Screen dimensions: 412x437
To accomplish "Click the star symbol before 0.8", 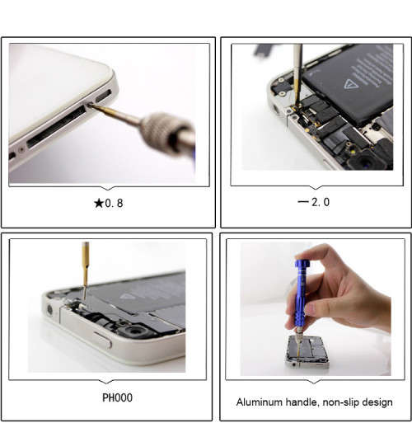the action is [x=99, y=203].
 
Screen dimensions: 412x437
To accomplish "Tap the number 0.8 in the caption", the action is [x=114, y=204].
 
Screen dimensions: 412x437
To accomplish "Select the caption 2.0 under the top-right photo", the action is [x=321, y=202].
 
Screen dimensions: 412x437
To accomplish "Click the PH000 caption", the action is [x=117, y=397].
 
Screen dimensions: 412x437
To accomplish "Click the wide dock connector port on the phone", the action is [x=56, y=126].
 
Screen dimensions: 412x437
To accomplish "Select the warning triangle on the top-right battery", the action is [x=349, y=84].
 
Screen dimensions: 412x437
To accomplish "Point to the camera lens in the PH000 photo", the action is [x=136, y=331].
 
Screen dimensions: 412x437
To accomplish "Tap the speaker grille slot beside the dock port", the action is [x=104, y=96].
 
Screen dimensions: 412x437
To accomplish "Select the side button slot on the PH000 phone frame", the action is [x=103, y=340].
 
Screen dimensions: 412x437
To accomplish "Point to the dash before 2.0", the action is [x=303, y=201].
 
